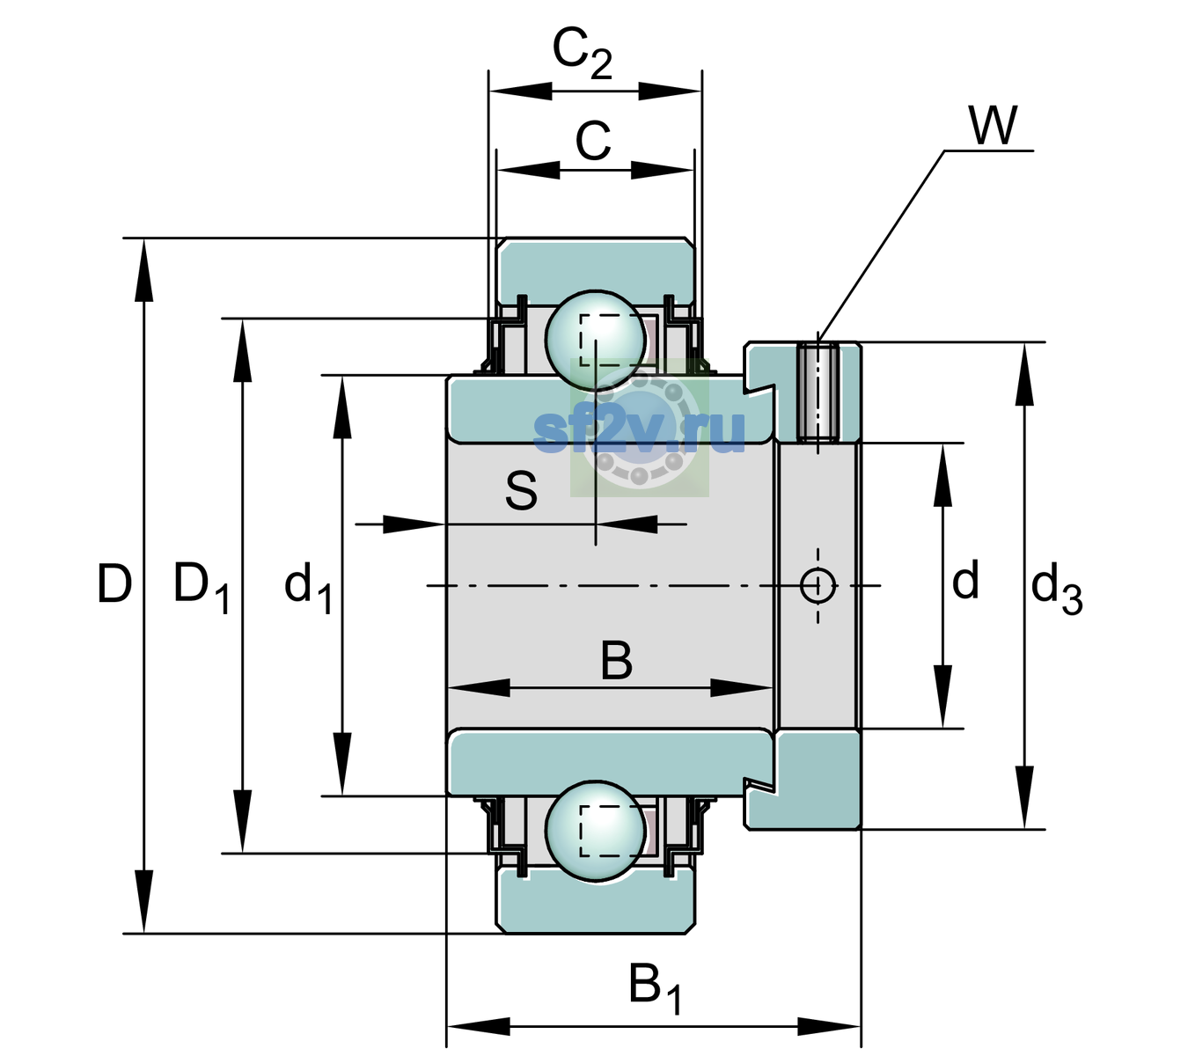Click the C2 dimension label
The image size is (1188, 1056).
tap(582, 54)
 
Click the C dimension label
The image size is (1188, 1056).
tap(593, 141)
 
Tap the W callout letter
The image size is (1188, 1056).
tap(994, 126)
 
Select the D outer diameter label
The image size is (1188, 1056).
tap(114, 583)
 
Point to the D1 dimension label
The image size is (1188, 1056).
tap(202, 586)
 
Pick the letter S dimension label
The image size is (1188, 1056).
tap(521, 491)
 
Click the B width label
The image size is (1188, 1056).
tap(616, 661)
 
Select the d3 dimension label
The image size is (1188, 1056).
tap(1057, 588)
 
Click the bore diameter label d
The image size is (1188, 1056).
tap(965, 580)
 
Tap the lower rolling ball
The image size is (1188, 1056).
tap(595, 831)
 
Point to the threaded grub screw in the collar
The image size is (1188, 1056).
tap(818, 393)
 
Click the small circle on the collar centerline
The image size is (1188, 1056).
tap(818, 585)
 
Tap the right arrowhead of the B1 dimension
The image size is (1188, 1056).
tap(829, 1027)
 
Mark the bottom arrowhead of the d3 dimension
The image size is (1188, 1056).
tap(1024, 798)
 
